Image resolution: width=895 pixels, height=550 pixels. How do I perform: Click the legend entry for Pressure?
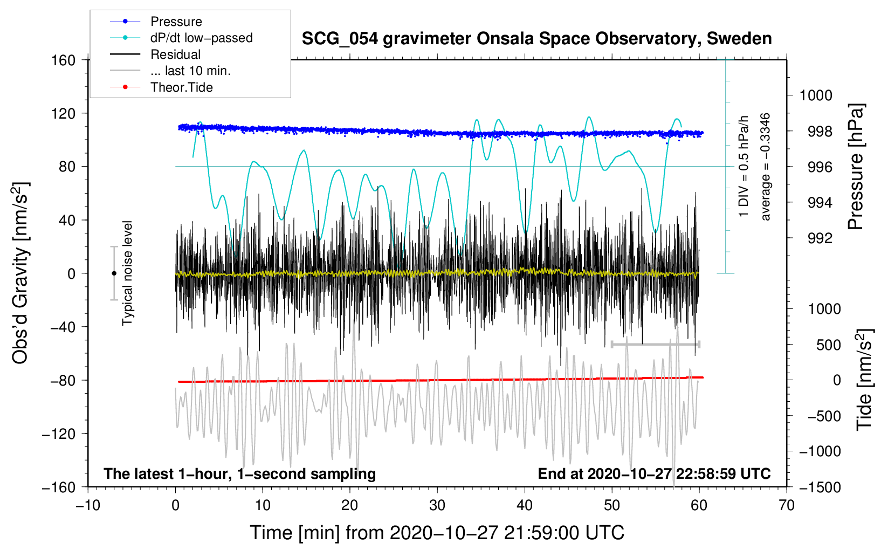point(176,22)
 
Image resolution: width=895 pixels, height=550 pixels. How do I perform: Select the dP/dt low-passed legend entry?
point(201,38)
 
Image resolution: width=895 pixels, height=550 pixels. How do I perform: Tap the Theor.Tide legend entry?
point(181,87)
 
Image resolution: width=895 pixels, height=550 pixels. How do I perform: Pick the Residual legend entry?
point(175,54)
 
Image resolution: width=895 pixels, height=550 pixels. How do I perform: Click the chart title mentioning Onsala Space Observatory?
point(536,39)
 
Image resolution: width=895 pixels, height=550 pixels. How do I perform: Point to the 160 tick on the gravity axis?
point(64,60)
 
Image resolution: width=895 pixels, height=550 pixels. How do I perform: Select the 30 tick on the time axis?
point(437,505)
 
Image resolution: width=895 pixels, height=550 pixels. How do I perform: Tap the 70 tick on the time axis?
point(787,505)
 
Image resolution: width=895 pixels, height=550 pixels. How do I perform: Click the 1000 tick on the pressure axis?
point(816,96)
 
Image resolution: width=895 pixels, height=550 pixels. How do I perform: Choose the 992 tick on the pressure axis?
point(820,238)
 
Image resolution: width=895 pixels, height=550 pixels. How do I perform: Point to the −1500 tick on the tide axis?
point(820,487)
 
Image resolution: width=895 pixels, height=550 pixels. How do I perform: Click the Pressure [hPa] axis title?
point(856,167)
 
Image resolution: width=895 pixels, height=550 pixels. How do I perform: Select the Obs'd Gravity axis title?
point(20,273)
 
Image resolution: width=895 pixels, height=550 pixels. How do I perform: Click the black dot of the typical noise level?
point(114,273)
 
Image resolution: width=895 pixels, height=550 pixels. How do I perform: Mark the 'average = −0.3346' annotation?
point(766,167)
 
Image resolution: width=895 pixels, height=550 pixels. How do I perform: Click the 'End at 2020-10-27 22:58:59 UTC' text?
point(654,474)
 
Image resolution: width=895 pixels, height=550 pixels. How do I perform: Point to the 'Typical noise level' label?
point(127,273)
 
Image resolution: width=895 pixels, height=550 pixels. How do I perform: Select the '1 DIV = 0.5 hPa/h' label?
point(744,167)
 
